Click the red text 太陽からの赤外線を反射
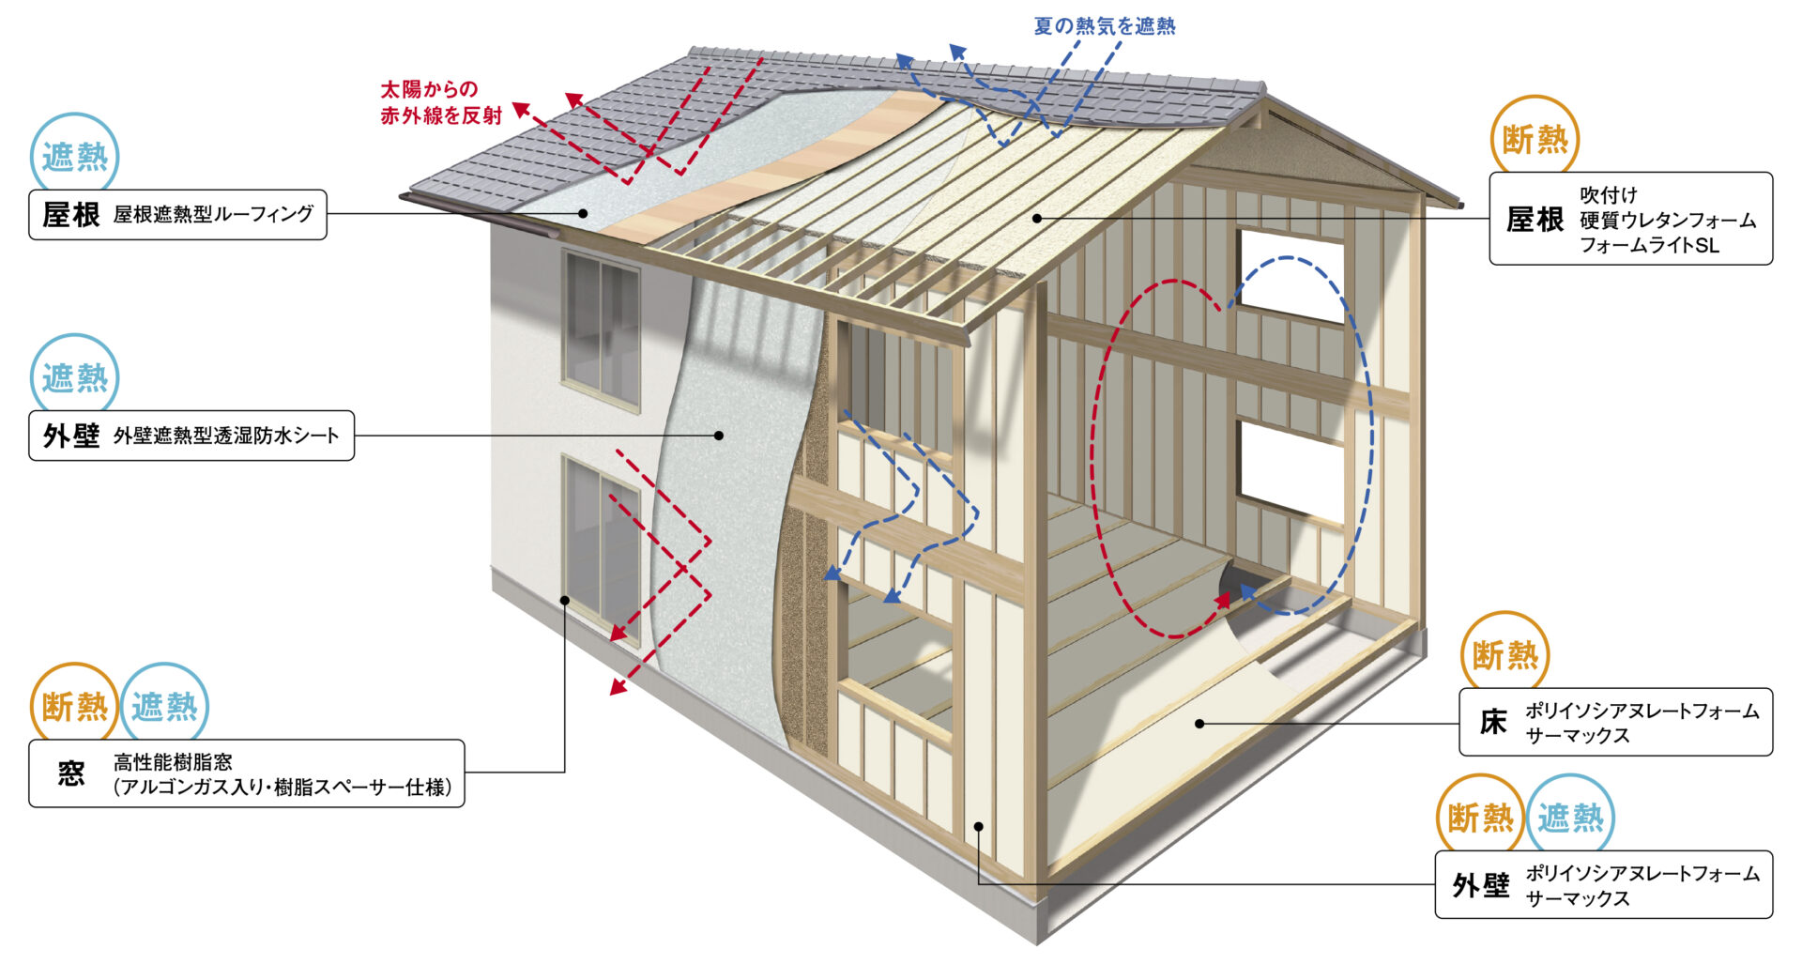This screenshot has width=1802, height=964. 441,102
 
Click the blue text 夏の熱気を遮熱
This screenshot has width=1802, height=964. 1104,26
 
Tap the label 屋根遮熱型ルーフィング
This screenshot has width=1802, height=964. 213,214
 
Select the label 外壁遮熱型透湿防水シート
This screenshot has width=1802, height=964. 225,436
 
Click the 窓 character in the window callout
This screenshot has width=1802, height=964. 71,773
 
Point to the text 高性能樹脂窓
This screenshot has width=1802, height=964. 173,762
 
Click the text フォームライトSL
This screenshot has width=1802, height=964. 1649,245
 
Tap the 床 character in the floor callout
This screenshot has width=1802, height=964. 1492,722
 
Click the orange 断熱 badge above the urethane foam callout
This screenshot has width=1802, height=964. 1535,140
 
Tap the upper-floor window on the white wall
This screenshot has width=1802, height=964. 601,329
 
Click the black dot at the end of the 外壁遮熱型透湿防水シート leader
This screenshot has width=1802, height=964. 719,436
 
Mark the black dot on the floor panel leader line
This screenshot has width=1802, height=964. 1199,724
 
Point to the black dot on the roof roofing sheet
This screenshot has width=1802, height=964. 583,214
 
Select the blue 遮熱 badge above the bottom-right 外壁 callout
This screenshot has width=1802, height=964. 1571,818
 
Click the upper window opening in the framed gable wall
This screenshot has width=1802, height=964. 1290,274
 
